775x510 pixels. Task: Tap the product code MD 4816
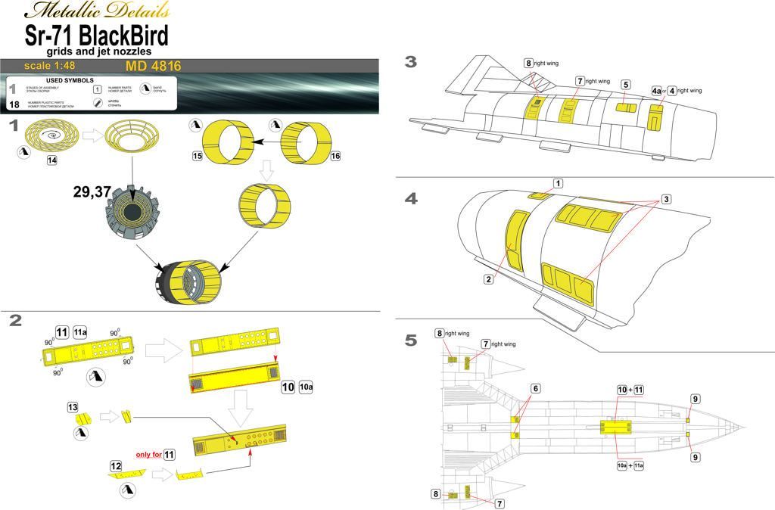154,67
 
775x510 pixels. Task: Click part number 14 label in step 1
51,160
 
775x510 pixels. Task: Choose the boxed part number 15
198,156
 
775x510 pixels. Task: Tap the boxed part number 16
335,155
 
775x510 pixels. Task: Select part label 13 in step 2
72,407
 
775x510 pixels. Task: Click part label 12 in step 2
116,466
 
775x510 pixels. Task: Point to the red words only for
148,455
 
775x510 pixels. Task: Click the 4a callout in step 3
655,91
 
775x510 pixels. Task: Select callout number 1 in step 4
558,183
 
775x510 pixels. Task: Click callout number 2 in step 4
489,279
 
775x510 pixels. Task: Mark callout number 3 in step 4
666,199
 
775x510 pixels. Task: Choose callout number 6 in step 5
535,388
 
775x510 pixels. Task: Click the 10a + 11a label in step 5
630,465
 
